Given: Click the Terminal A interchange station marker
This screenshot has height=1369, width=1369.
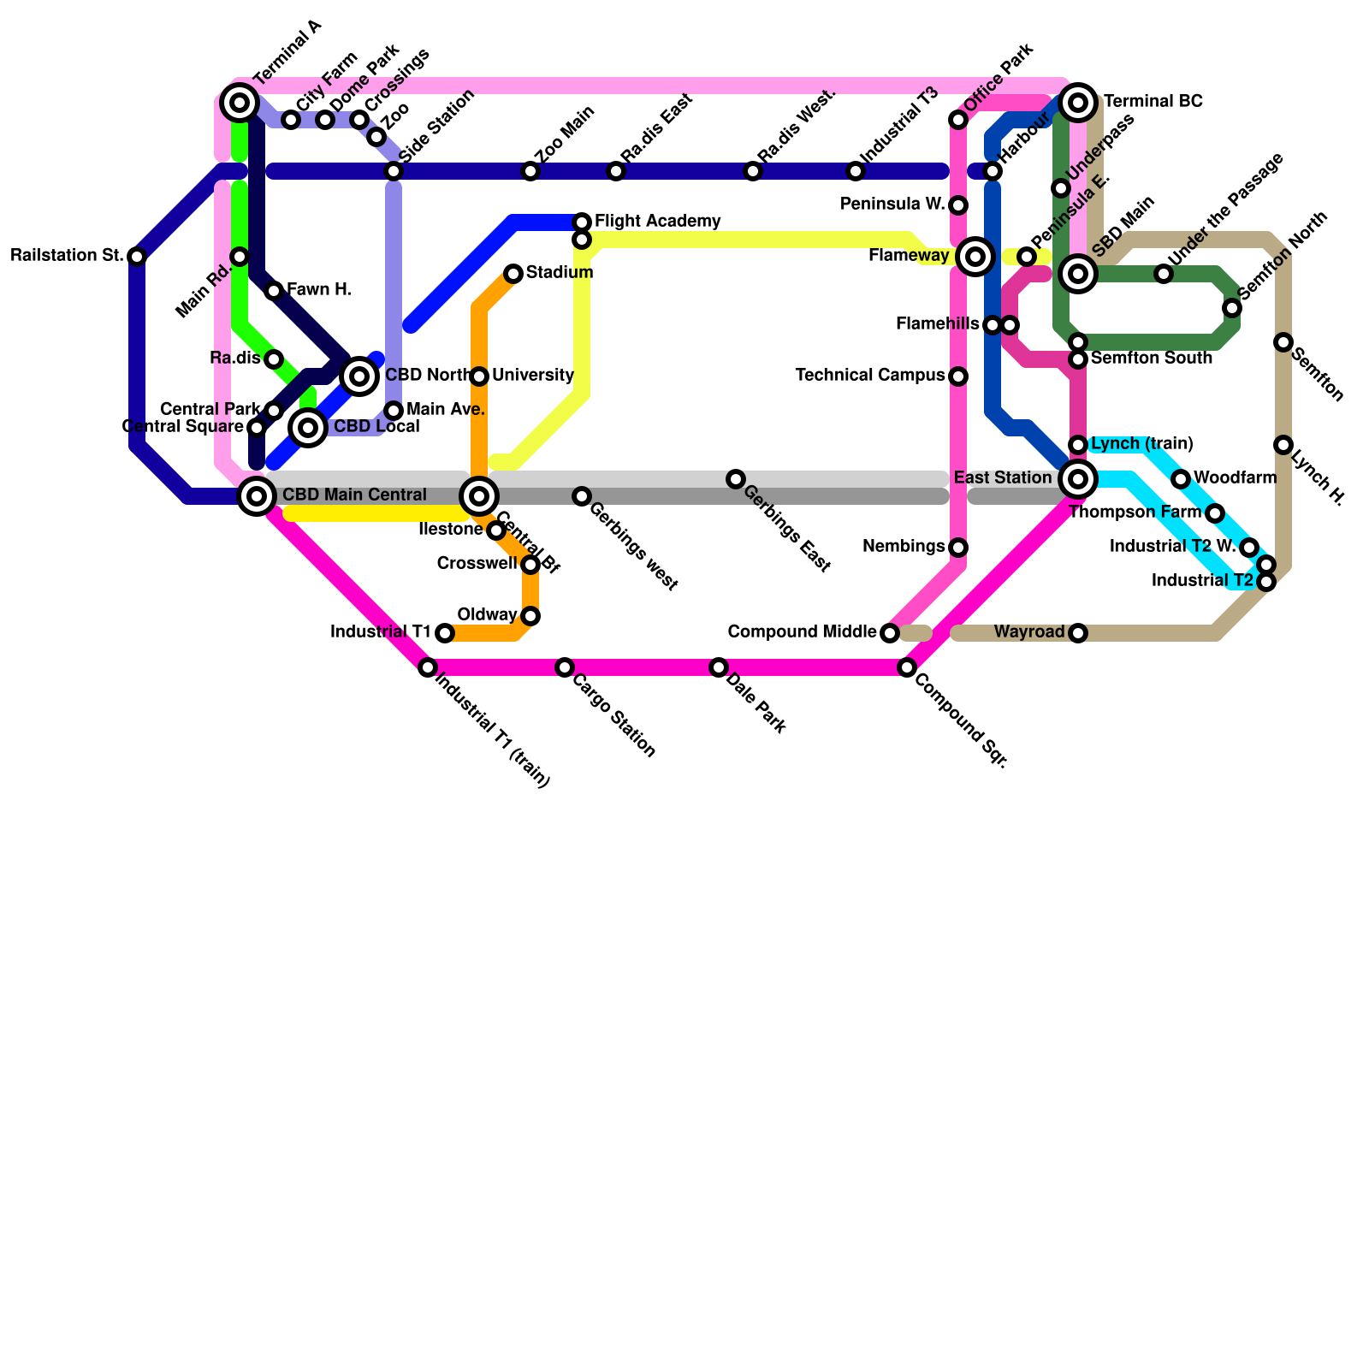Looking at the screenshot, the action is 240,104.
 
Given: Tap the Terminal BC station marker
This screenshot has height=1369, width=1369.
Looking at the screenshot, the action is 1079,104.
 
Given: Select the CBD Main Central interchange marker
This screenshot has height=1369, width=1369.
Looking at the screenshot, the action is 257,495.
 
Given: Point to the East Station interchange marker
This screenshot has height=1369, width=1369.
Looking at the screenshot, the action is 1078,478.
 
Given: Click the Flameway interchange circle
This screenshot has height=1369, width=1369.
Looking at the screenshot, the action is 975,256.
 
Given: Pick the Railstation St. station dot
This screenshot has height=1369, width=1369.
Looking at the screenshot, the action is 137,256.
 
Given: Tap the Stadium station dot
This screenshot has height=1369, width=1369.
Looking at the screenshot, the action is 513,274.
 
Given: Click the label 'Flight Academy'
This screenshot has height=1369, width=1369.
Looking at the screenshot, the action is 657,222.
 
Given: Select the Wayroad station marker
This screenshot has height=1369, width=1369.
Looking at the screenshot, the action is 1078,633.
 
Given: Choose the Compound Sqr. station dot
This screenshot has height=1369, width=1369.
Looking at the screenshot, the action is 907,667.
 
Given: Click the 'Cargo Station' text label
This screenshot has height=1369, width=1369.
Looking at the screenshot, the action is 613,716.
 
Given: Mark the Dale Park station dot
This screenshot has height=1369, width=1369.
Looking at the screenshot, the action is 719,667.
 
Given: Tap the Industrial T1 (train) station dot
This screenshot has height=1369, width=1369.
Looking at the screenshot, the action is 428,667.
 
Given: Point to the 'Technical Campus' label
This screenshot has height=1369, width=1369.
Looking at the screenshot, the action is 869,376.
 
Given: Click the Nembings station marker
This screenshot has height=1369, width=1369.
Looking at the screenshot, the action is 958,547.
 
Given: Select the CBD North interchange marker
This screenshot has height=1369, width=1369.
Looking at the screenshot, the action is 359,376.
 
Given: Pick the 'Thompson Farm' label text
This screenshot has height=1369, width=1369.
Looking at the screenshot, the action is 1135,513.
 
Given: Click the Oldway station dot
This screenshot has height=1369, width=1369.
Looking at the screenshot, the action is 530,616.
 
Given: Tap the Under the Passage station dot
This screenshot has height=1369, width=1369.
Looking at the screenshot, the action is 1164,274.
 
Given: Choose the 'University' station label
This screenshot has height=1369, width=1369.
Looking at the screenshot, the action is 532,376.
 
